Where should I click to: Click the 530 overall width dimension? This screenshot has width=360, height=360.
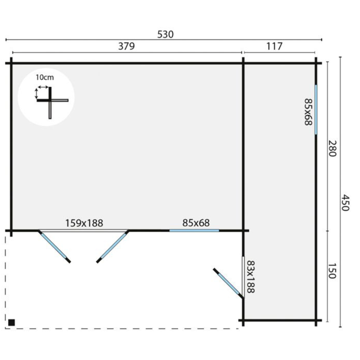point(165,35)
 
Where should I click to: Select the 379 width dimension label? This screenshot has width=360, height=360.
point(126,46)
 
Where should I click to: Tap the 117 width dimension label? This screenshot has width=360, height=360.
point(274,46)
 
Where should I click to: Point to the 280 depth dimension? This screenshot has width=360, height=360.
point(332,148)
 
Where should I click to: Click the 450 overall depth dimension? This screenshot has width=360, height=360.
point(345,203)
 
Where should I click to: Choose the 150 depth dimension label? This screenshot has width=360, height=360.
point(332,271)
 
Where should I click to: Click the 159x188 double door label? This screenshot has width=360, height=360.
point(84,223)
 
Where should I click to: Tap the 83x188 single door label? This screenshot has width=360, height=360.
point(251,277)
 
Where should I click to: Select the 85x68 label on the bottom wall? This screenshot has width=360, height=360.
point(196,223)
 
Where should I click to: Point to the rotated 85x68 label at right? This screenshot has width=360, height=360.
point(308,112)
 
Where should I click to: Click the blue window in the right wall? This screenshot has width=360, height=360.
point(316,109)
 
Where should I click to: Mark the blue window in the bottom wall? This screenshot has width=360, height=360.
point(194,230)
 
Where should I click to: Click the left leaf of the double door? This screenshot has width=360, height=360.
point(54,246)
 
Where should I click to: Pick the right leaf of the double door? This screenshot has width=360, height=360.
point(112,246)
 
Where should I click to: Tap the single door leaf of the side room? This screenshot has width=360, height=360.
point(228,283)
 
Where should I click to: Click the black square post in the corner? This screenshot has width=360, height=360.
point(12,322)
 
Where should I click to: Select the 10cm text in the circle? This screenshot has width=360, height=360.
point(45,77)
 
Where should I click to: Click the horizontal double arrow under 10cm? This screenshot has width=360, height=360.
point(43,87)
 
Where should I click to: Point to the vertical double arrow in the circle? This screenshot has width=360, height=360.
point(36,94)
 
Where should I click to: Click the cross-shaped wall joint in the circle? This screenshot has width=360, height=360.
point(50,100)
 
